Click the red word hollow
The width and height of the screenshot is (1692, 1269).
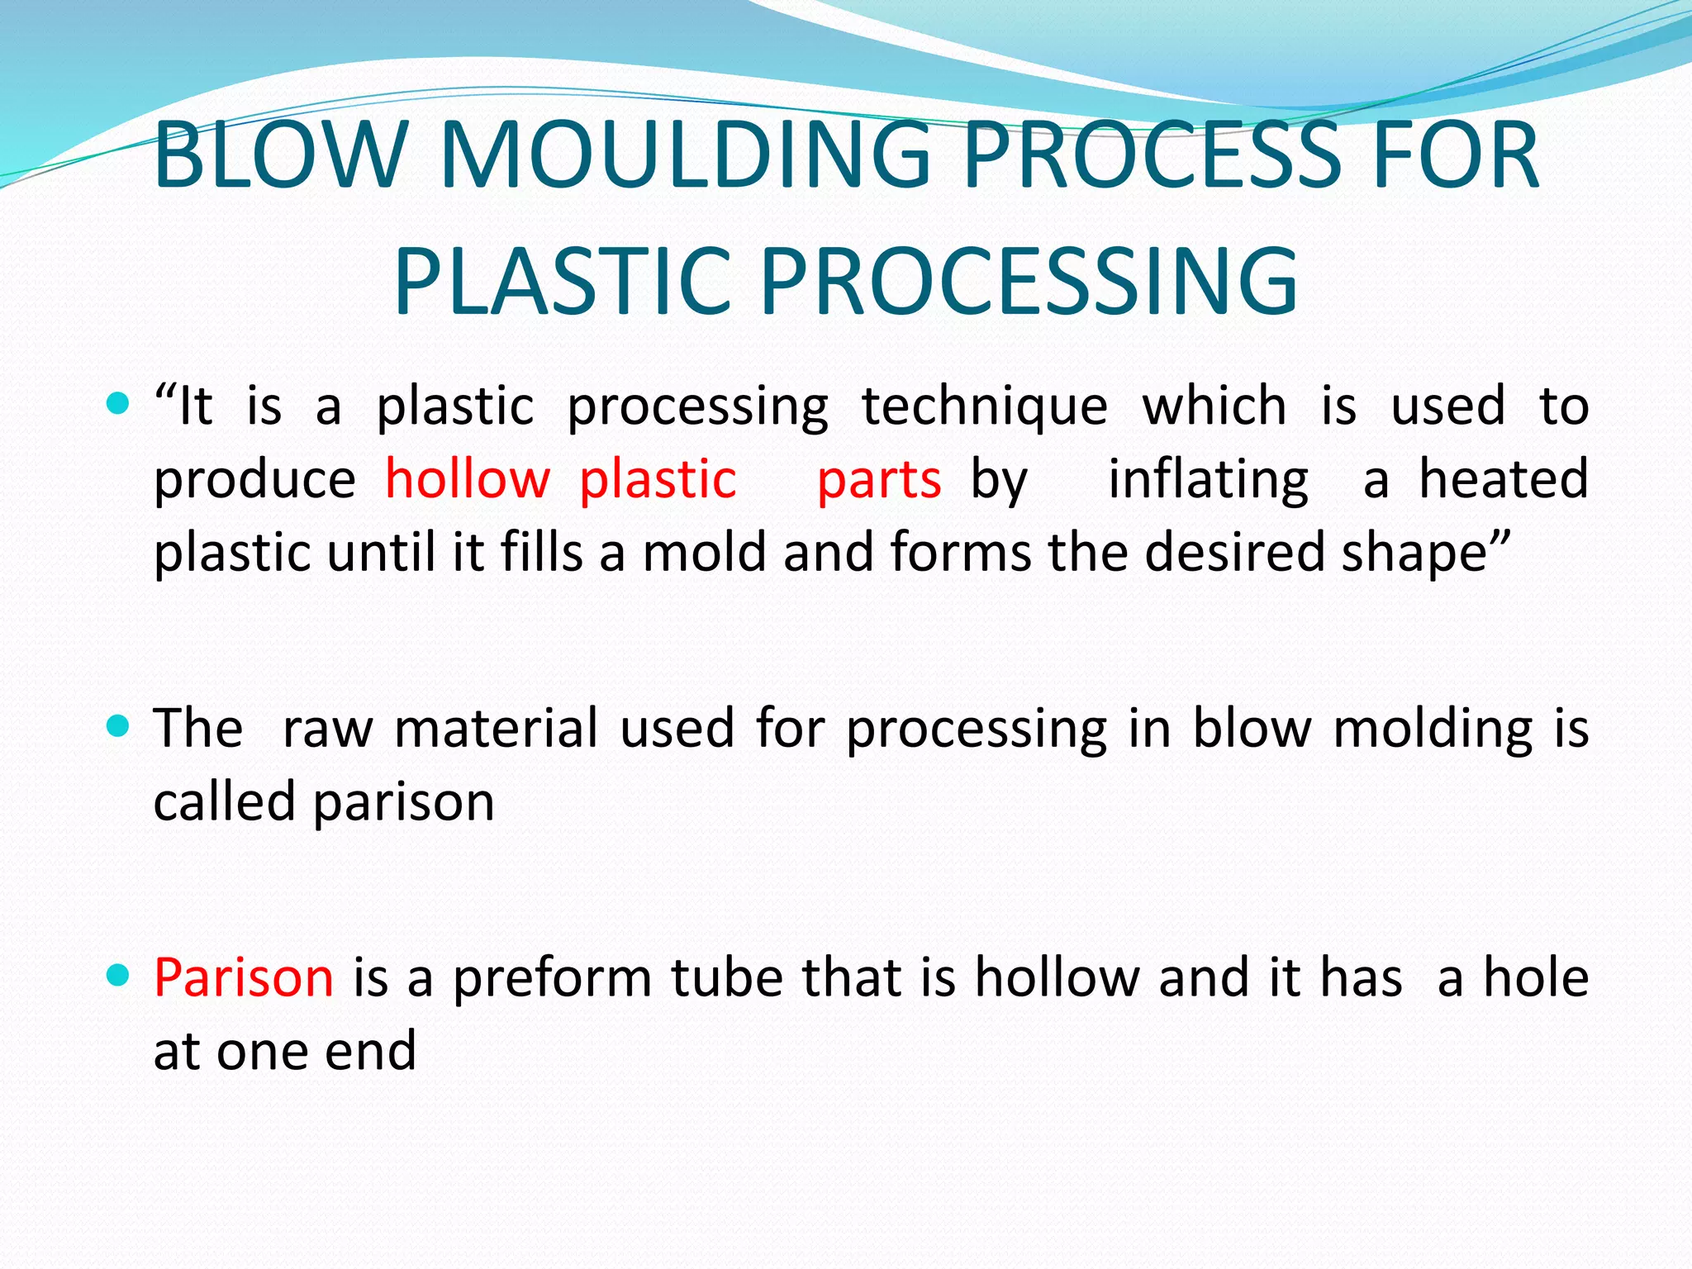[x=468, y=480]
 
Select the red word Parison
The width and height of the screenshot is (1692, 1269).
[x=244, y=978]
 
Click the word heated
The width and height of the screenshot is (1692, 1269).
[x=1504, y=480]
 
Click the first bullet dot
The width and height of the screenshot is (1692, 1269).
[x=119, y=404]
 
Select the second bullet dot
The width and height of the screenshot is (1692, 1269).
[x=119, y=726]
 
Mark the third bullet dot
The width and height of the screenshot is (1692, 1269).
[x=119, y=976]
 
